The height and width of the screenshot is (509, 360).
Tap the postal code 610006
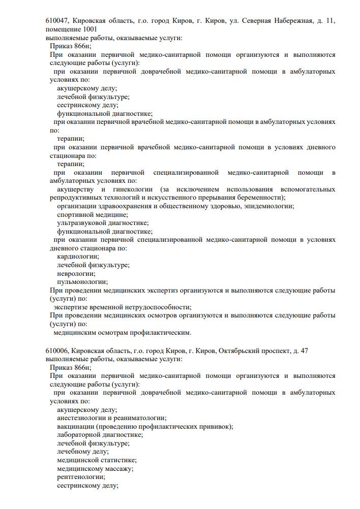(x=57, y=351)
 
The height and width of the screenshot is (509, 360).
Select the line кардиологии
(x=78, y=257)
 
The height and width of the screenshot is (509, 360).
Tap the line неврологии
(x=76, y=273)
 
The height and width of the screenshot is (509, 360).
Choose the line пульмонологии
(x=82, y=281)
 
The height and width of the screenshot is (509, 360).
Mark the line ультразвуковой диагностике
(x=103, y=222)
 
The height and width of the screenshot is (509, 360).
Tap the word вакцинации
(x=75, y=426)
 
